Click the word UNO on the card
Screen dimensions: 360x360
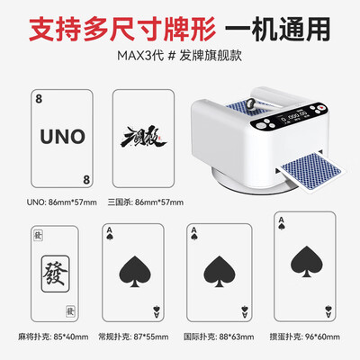click(x=62, y=138)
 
